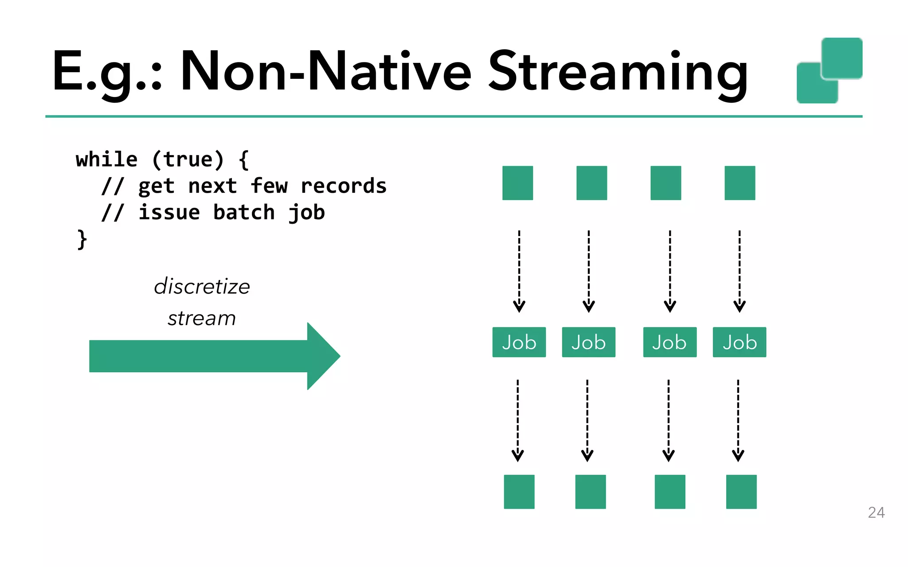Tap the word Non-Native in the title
326,72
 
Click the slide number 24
876,513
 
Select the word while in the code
106,159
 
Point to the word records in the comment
343,186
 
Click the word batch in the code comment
244,213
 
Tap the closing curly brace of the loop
82,240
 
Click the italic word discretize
202,287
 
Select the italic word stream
202,318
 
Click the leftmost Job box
519,342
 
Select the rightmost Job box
739,342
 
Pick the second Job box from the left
588,342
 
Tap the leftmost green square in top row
517,183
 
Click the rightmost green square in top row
740,183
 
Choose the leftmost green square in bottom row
519,492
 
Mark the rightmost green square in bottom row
741,492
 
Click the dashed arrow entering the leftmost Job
519,270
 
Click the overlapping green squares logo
829,71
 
